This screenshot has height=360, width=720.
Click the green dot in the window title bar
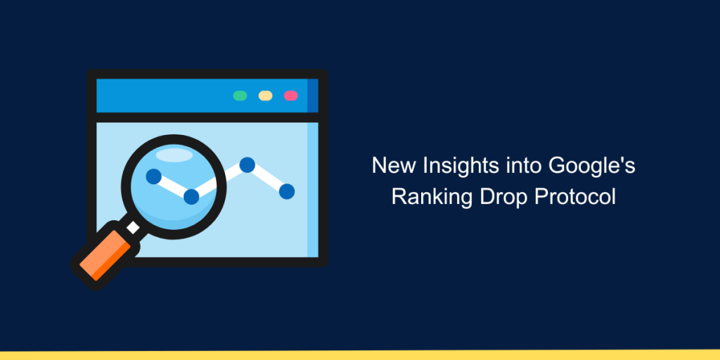pyautogui.click(x=240, y=96)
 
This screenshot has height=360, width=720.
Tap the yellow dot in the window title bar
pyautogui.click(x=265, y=96)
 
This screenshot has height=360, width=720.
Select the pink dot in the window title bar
pyautogui.click(x=290, y=96)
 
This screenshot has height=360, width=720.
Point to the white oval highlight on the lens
pyautogui.click(x=174, y=155)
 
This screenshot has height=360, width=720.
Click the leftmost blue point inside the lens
pyautogui.click(x=153, y=176)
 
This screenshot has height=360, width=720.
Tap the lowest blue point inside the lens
pyautogui.click(x=191, y=197)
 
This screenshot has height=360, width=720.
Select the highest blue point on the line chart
pyautogui.click(x=247, y=165)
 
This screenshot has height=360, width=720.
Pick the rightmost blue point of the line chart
pyautogui.click(x=287, y=191)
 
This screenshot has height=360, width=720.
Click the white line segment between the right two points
pyautogui.click(x=266, y=178)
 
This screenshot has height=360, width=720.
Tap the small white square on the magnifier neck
pyautogui.click(x=133, y=227)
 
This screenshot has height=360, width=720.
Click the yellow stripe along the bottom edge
pyautogui.click(x=360, y=355)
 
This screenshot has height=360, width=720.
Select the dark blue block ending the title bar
pyautogui.click(x=312, y=96)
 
